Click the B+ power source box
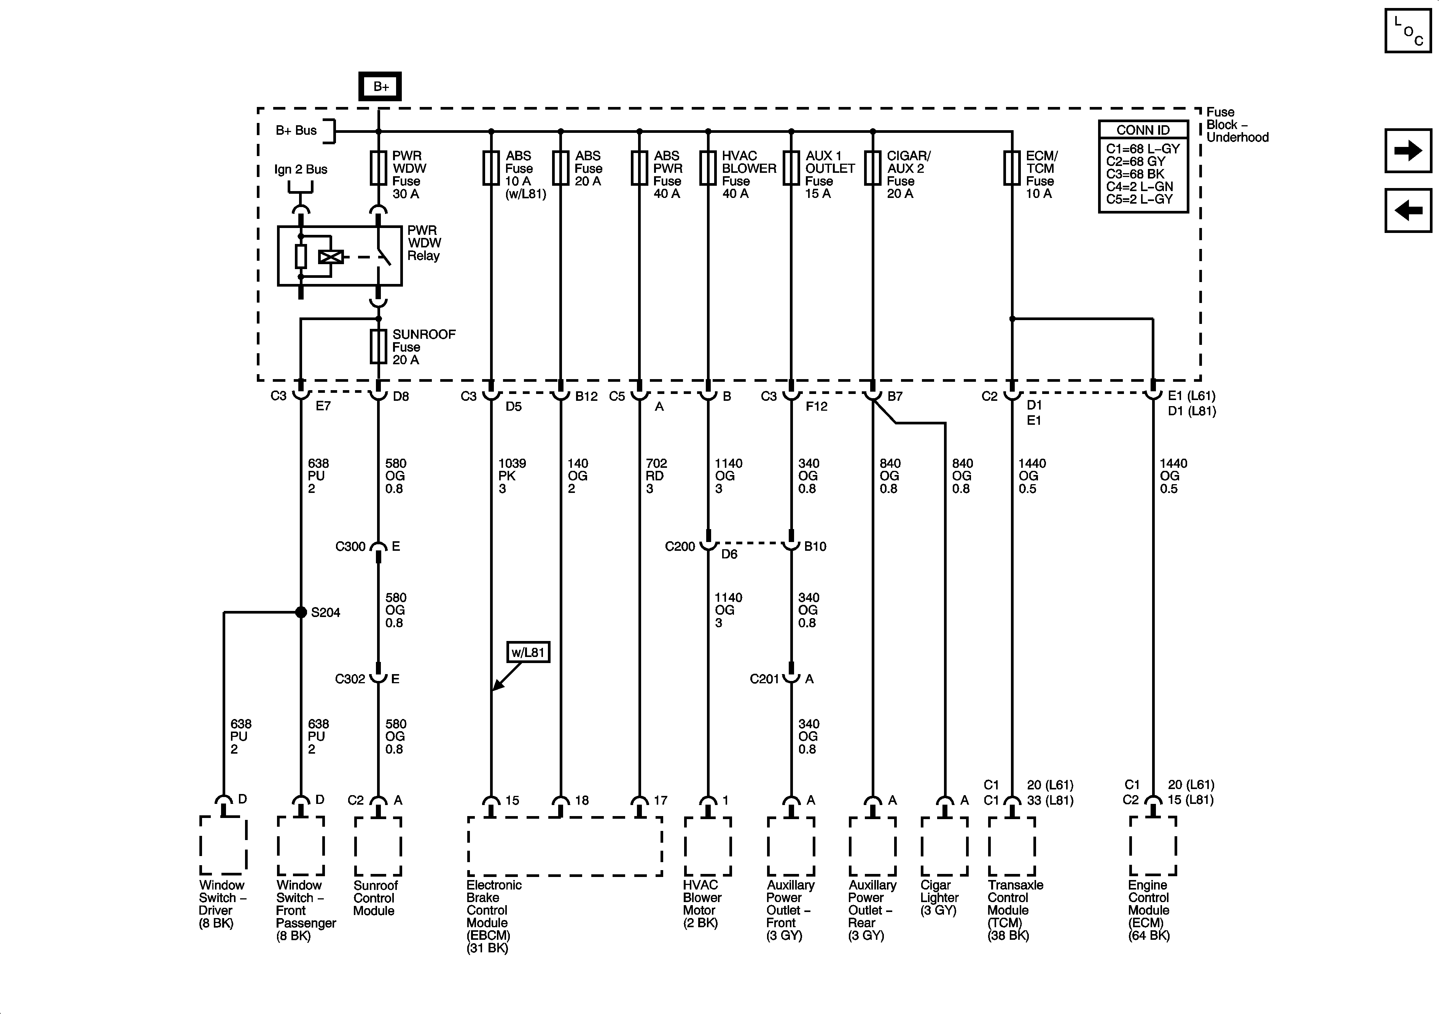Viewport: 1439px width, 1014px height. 380,86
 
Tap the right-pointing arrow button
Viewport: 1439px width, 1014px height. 1408,150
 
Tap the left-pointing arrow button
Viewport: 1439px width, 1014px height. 1408,210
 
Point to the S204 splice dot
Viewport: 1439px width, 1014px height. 301,612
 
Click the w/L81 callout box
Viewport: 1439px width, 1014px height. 528,652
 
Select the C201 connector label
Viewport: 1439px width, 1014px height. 764,679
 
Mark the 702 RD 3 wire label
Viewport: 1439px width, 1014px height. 656,476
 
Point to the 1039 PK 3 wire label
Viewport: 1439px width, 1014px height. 511,476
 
